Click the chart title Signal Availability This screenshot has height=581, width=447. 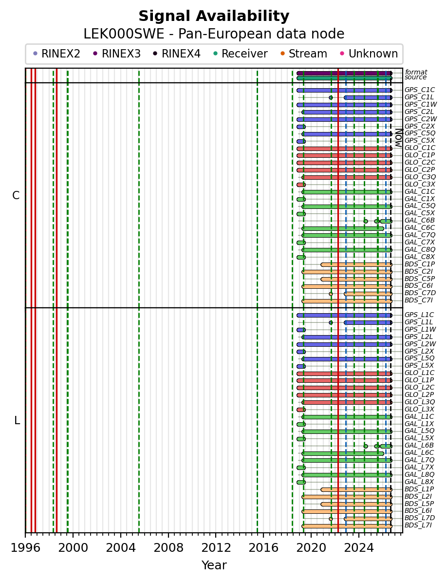point(214,16)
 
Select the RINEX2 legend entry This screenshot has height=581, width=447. point(56,54)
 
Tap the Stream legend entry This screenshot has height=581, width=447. point(303,54)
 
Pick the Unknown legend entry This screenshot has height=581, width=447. point(369,54)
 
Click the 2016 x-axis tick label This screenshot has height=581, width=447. point(263,547)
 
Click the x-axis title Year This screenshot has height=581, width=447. point(214,565)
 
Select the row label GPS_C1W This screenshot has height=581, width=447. point(421,105)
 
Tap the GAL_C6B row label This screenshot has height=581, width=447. point(420,221)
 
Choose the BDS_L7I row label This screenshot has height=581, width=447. point(418,525)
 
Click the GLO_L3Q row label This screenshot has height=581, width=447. point(420,402)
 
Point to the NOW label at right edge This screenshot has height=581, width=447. point(399,138)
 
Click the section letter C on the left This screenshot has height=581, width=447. point(16,195)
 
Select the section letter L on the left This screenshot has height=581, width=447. point(17,421)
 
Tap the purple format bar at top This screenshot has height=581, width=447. point(344,74)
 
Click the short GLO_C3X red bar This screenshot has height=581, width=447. point(301,185)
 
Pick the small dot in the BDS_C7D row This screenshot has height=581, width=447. point(331,294)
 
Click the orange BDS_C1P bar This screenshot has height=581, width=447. point(356,264)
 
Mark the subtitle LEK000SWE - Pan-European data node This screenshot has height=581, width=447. point(214,34)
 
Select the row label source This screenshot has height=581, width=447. point(415,77)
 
